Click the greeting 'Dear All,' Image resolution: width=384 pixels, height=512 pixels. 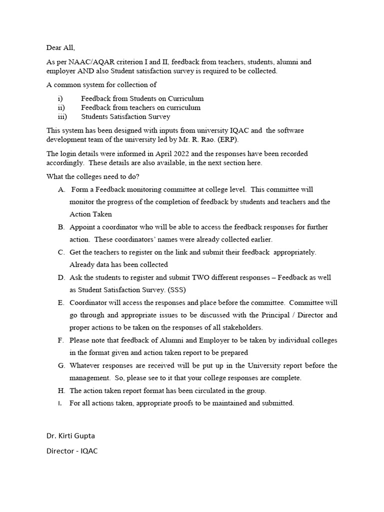(60, 48)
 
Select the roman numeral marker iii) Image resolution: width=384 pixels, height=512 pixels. (62, 117)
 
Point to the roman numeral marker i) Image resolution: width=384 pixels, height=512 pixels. (60, 99)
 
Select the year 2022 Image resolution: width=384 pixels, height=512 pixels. (173, 153)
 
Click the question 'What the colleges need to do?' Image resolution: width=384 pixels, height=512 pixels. (93, 176)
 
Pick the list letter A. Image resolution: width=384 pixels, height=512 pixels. (61, 189)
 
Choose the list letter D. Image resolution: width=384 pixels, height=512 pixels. (61, 277)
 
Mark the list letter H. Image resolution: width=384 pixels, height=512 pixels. (61, 390)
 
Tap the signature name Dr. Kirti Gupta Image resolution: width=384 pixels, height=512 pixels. (70, 435)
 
